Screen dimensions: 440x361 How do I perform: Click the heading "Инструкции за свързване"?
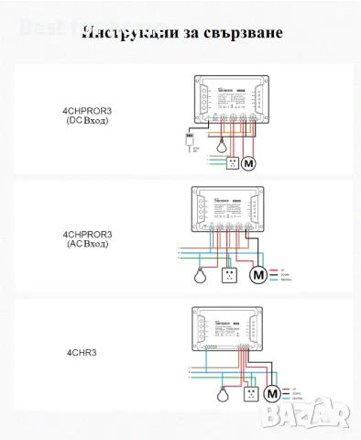[181, 33]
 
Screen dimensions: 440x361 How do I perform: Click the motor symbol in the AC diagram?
[257, 274]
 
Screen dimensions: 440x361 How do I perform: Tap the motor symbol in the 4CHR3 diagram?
[270, 393]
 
